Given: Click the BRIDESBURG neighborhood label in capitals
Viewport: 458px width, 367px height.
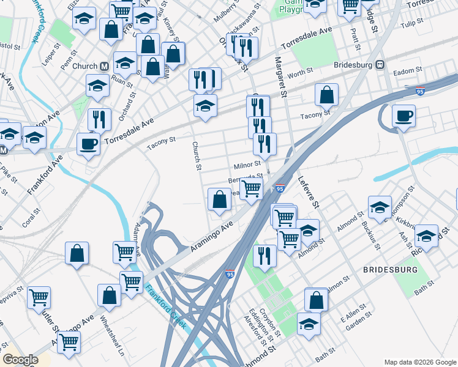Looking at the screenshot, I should coord(390,270).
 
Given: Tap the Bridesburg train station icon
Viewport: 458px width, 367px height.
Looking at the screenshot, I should coord(380,64).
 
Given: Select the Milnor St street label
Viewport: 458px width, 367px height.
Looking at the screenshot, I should coord(247,165).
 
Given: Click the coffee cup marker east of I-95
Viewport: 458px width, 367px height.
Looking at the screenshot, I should coord(404,116).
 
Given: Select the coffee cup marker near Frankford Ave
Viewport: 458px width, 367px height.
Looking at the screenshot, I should coord(89,144).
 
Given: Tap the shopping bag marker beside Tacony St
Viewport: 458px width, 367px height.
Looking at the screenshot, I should coord(327,95).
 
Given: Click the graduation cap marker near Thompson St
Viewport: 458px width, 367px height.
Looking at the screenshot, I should coord(380,209).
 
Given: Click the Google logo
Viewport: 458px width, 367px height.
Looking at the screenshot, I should coord(20,360).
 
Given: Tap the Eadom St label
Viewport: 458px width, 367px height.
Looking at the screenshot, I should coord(404,72).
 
